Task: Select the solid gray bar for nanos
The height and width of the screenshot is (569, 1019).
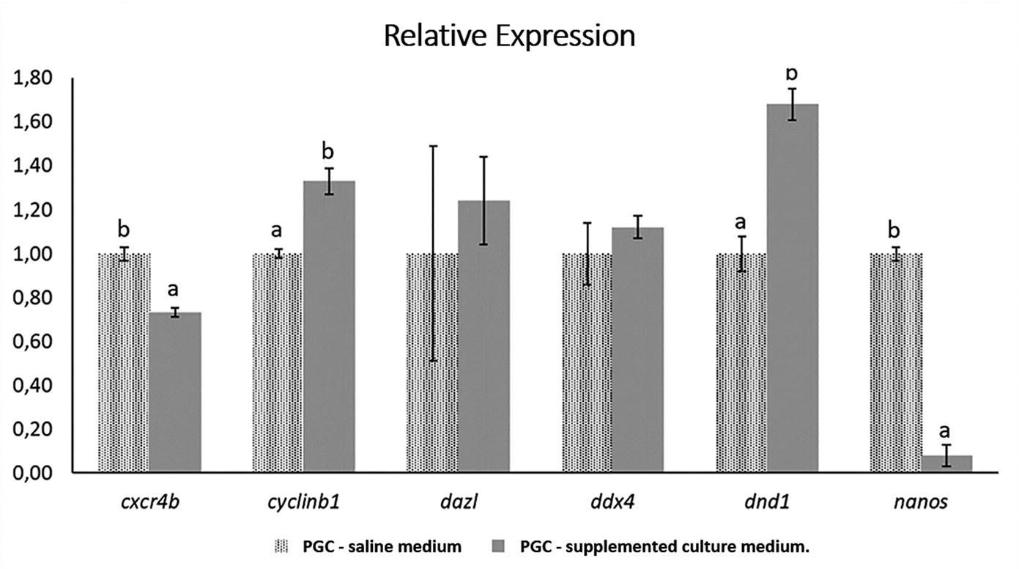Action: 946,464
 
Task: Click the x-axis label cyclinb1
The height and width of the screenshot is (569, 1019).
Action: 304,503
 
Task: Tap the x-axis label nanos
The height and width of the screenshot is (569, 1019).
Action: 921,503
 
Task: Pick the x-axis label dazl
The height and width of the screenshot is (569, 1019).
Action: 458,503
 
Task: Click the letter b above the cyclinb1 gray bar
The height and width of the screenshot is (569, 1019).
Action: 328,152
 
